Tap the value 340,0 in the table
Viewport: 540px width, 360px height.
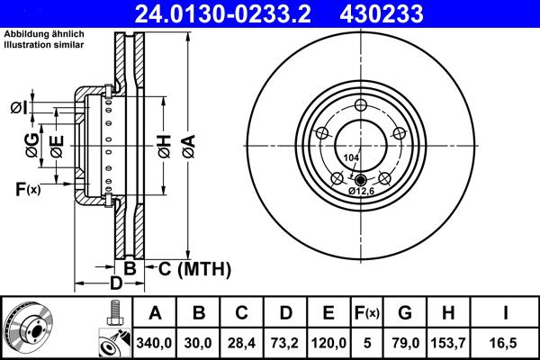coord(155,343)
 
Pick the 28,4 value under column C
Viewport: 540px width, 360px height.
coord(242,343)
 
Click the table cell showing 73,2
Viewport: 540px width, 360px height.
coord(285,343)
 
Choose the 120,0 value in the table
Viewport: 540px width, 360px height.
coord(328,343)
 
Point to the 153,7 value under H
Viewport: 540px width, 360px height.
coord(447,343)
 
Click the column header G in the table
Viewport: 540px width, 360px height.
coord(404,313)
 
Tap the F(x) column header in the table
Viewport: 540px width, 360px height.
coord(366,313)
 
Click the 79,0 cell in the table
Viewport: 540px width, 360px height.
coord(404,343)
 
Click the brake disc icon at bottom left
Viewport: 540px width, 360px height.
coord(28,328)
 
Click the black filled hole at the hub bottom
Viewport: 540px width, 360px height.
coord(360,177)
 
